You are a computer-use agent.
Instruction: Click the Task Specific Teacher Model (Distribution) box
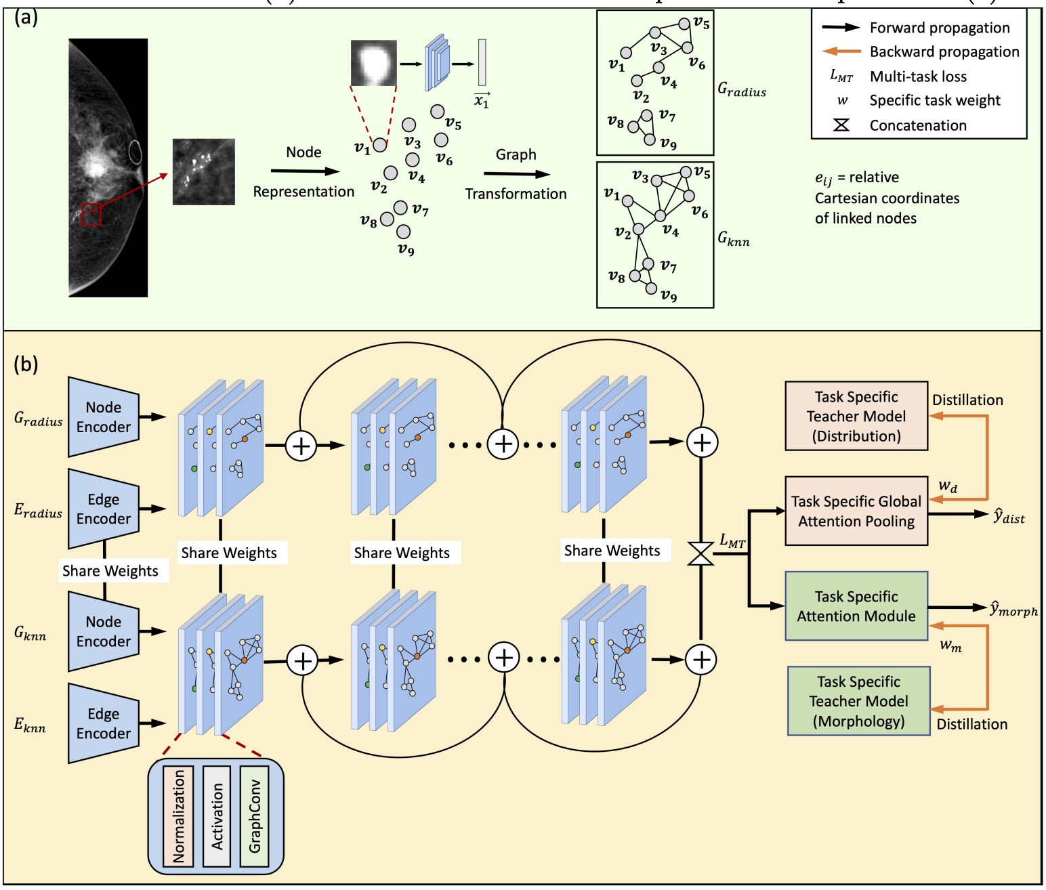[x=856, y=416]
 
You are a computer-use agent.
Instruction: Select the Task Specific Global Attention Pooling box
[x=856, y=511]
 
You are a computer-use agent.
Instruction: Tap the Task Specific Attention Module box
[x=856, y=606]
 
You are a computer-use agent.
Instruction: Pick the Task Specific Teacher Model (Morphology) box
[x=858, y=701]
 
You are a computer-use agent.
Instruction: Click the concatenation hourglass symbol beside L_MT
[x=700, y=553]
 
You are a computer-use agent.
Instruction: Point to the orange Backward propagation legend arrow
[x=841, y=51]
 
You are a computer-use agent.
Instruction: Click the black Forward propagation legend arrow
[x=841, y=28]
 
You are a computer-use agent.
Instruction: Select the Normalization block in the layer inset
[x=178, y=816]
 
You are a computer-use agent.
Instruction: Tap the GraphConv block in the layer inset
[x=255, y=816]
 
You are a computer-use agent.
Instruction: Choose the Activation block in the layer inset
[x=217, y=816]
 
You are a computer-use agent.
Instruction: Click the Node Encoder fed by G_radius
[x=104, y=417]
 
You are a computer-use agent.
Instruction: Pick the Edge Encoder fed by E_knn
[x=104, y=723]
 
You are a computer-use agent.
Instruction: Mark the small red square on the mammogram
[x=91, y=214]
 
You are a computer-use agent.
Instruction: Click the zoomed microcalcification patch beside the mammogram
[x=204, y=172]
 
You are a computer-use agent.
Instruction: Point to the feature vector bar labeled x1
[x=482, y=62]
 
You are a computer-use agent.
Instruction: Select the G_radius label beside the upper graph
[x=742, y=89]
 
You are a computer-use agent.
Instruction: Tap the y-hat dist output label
[x=1009, y=516]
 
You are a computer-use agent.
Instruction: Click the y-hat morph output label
[x=1013, y=609]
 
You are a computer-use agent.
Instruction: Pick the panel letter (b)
[x=26, y=364]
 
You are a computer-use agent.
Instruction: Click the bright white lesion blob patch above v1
[x=373, y=63]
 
